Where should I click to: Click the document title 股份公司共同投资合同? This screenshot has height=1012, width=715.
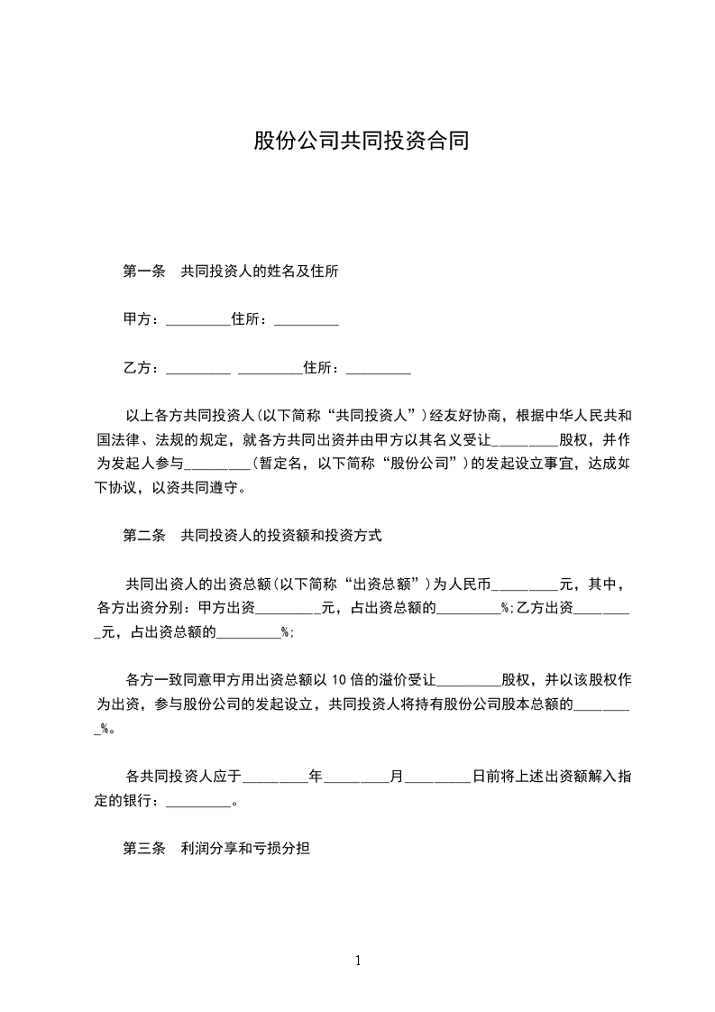361,142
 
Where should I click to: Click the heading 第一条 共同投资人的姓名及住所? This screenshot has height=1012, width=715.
230,271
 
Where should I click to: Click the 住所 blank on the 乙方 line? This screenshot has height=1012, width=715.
379,370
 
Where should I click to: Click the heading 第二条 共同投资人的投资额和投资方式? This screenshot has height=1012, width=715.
252,535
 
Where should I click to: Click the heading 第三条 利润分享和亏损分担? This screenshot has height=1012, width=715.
216,849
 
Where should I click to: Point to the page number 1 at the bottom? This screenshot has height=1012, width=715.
358,961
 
